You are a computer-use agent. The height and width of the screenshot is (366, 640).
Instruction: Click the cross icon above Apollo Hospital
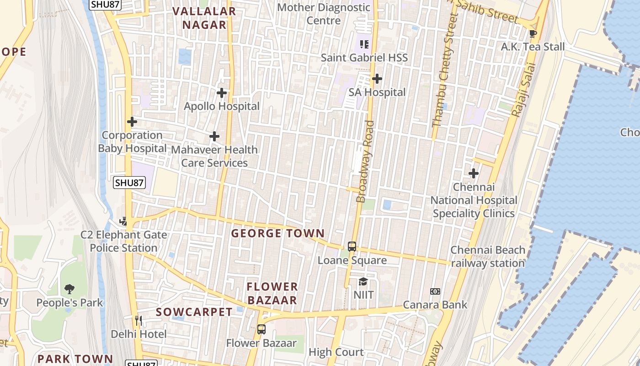(222, 93)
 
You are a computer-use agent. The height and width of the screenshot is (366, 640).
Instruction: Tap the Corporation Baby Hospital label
(132, 142)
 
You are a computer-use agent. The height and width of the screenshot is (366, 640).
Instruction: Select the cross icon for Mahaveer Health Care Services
(214, 136)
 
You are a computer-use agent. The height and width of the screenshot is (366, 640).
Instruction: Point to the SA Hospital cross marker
(377, 79)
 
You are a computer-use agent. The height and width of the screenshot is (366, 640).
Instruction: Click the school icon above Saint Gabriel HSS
(364, 44)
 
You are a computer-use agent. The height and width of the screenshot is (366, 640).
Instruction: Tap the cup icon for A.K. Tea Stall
(533, 33)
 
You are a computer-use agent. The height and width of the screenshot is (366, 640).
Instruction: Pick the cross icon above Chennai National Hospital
(474, 173)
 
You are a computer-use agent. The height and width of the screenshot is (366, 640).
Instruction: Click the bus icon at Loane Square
(352, 247)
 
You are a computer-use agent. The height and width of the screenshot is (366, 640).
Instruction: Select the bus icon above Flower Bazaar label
(261, 329)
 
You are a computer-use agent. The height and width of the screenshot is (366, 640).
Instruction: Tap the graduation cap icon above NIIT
(363, 281)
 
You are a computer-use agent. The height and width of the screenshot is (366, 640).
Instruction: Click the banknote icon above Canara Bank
(435, 291)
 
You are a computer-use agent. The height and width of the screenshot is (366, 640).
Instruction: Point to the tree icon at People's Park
(69, 289)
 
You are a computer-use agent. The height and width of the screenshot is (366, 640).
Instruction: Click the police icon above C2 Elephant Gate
(124, 221)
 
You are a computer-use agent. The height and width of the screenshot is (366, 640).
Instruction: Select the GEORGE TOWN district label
(277, 233)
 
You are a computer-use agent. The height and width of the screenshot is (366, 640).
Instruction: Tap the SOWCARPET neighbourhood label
(194, 312)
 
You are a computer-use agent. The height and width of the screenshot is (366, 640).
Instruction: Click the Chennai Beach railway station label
(488, 257)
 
